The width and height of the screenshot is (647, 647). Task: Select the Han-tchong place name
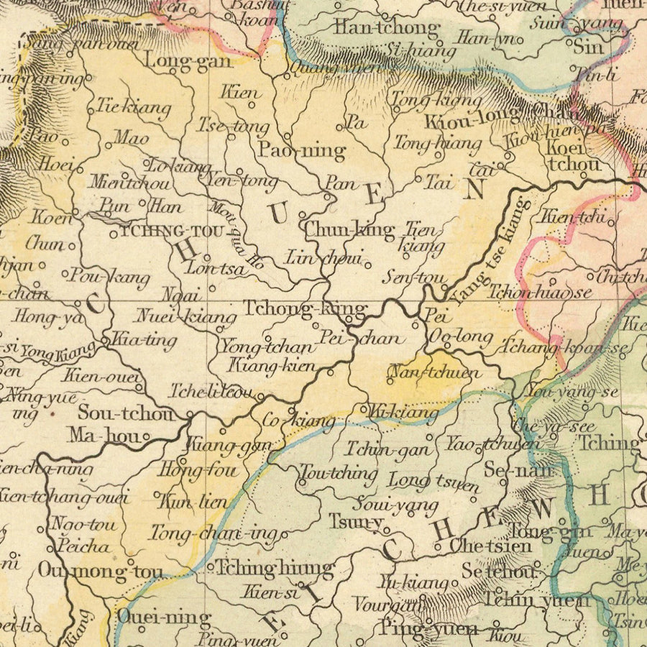[x=385, y=29]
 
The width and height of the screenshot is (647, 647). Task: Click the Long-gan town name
[x=188, y=60]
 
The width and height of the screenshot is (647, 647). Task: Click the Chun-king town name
[x=349, y=230]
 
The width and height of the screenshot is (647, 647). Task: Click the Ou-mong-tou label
[x=101, y=572]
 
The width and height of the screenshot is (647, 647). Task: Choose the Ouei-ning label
[x=164, y=618]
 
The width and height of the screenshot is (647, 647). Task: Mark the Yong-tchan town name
[x=267, y=347]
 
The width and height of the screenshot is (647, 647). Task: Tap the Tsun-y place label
[x=356, y=521]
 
